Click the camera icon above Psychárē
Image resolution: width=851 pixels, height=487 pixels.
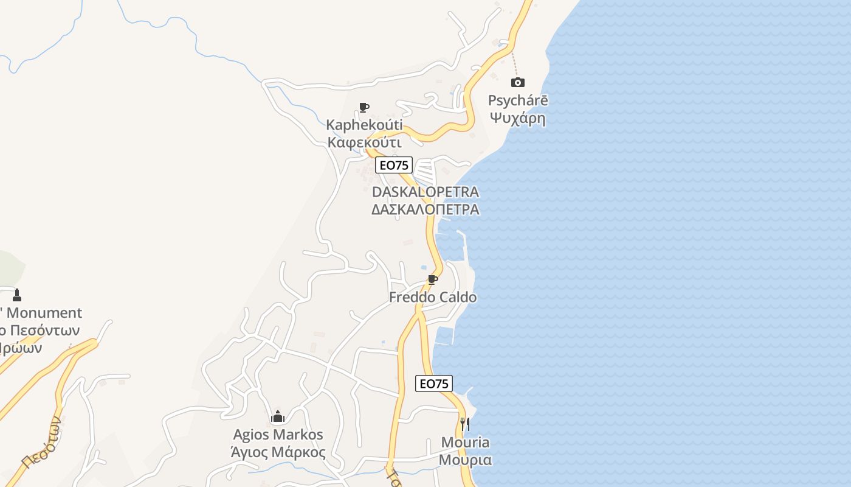(518, 82)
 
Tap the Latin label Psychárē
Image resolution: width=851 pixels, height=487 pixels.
(518, 100)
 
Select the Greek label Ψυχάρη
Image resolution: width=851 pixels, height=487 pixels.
(518, 118)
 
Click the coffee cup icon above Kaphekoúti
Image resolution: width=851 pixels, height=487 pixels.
(364, 108)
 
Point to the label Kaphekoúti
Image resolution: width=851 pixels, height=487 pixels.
(364, 125)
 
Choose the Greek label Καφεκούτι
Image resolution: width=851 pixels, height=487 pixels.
(364, 142)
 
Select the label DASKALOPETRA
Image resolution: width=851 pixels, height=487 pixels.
(425, 192)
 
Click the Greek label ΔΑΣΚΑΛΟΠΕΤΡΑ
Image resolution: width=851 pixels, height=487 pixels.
(425, 209)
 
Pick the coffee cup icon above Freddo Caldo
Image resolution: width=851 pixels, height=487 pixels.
(433, 280)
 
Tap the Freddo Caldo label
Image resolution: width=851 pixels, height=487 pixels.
(433, 298)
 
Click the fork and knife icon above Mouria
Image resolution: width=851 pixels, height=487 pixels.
(465, 424)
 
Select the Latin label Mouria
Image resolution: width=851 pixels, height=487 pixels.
(465, 443)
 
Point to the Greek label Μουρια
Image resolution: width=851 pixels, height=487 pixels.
(465, 460)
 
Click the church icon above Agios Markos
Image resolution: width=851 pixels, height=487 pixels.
(278, 417)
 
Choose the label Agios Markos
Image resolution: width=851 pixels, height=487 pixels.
(278, 435)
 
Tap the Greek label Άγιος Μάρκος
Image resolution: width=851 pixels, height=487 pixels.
(278, 452)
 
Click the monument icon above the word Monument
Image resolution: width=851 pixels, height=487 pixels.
(17, 295)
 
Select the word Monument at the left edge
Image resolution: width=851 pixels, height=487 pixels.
(44, 313)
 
